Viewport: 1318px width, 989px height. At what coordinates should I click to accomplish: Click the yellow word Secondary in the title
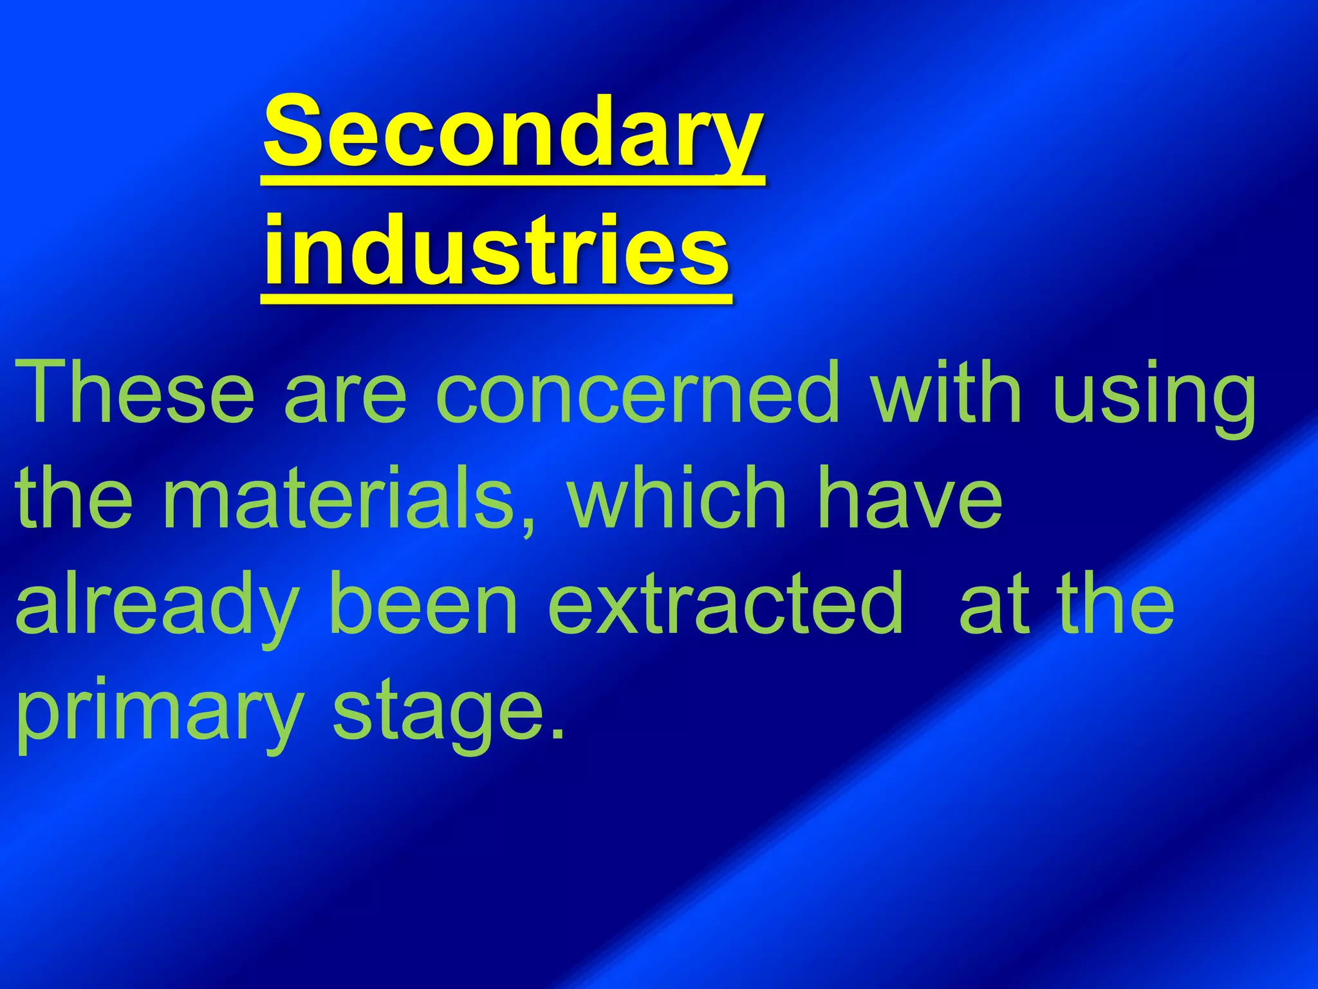(513, 132)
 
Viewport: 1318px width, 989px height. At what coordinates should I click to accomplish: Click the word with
(946, 392)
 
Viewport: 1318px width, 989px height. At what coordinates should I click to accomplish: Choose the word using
(1155, 396)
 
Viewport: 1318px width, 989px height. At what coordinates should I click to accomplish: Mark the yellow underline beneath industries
(496, 299)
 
